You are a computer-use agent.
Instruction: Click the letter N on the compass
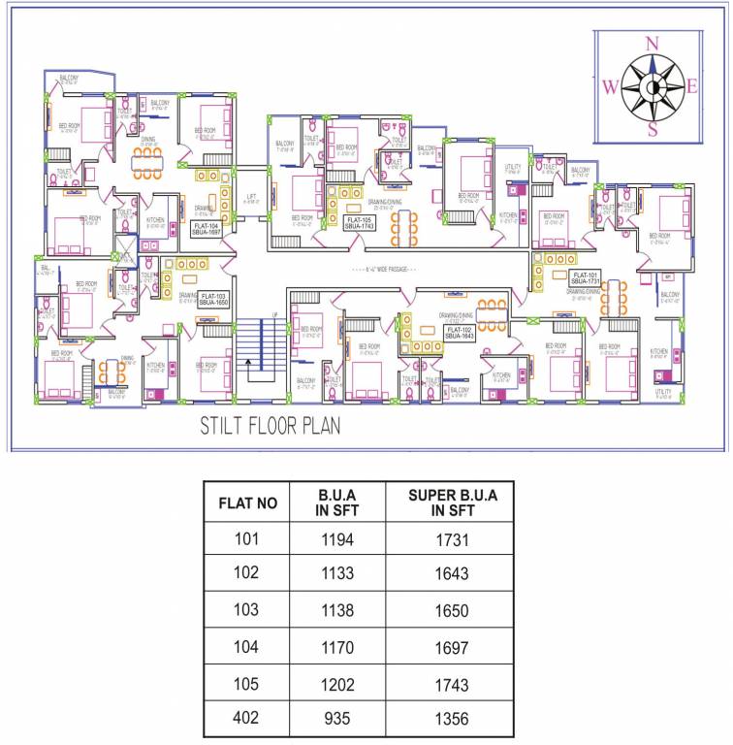pos(653,43)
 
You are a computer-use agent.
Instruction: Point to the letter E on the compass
pos(692,86)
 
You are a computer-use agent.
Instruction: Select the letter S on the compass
pos(653,129)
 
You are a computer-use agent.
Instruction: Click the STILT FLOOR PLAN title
pos(270,426)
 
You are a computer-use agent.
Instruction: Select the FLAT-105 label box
pos(360,222)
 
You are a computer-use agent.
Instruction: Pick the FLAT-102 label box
pos(459,333)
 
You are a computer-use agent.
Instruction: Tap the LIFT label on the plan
pos(251,197)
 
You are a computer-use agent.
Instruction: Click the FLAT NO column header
pos(247,502)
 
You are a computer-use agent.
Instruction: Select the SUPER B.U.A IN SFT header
pos(452,502)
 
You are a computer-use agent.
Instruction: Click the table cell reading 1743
pos(452,685)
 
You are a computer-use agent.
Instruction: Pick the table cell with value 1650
pos(452,611)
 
